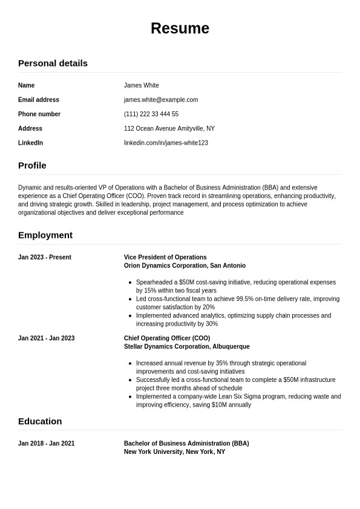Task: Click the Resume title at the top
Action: point(180,28)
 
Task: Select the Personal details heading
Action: point(53,63)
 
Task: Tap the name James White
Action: point(141,85)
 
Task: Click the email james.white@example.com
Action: point(161,100)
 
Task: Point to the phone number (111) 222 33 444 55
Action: point(151,114)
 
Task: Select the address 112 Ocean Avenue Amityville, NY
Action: point(169,128)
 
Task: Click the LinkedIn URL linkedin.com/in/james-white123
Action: point(166,143)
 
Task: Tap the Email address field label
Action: point(39,100)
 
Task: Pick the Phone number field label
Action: point(39,114)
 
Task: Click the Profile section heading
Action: point(32,165)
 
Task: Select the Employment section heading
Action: point(45,235)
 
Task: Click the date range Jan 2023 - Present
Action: point(45,257)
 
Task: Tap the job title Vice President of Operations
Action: point(165,257)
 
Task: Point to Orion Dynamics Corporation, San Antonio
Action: point(185,266)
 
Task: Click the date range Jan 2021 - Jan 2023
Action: point(47,338)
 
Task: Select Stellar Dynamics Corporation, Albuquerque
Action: point(186,347)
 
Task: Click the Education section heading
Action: point(40,421)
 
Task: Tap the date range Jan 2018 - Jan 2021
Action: point(47,444)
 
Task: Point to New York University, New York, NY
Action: point(174,452)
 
